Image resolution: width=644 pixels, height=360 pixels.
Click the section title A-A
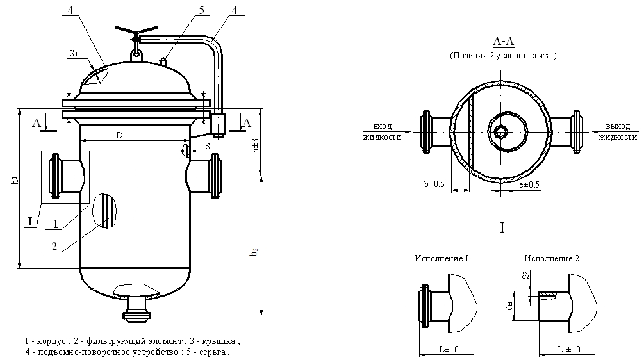point(503,42)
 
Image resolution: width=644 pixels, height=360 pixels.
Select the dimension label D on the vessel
point(119,135)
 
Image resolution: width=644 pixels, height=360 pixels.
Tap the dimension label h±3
point(255,147)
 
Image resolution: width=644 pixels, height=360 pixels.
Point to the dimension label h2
point(255,252)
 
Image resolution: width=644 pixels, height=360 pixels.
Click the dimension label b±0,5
point(434,184)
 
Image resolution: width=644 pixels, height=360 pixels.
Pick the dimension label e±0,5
point(529,184)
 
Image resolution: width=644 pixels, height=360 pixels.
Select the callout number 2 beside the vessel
point(55,245)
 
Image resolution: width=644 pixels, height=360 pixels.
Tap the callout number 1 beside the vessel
point(56,224)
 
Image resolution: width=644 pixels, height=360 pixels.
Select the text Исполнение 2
point(552,258)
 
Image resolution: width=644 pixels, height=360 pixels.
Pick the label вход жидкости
point(383,131)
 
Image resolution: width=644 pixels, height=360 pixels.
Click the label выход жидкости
point(618,131)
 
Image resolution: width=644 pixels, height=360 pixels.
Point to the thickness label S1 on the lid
point(73,56)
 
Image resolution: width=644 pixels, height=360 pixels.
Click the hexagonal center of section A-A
point(500,131)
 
